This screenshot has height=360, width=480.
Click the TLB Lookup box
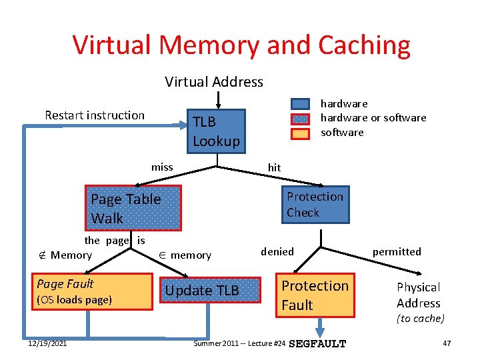215,131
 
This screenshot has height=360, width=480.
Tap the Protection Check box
315,205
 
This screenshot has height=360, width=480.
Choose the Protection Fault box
315,295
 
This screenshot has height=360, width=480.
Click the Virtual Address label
214,82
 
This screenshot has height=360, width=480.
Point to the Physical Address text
419,295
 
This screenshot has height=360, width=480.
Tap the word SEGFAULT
320,344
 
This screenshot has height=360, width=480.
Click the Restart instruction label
95,115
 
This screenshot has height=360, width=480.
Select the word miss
162,167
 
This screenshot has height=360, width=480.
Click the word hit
274,168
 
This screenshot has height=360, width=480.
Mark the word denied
277,252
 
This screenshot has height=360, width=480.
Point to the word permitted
397,252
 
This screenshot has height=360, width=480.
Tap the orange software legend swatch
301,133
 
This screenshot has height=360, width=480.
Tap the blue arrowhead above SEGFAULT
320,331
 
